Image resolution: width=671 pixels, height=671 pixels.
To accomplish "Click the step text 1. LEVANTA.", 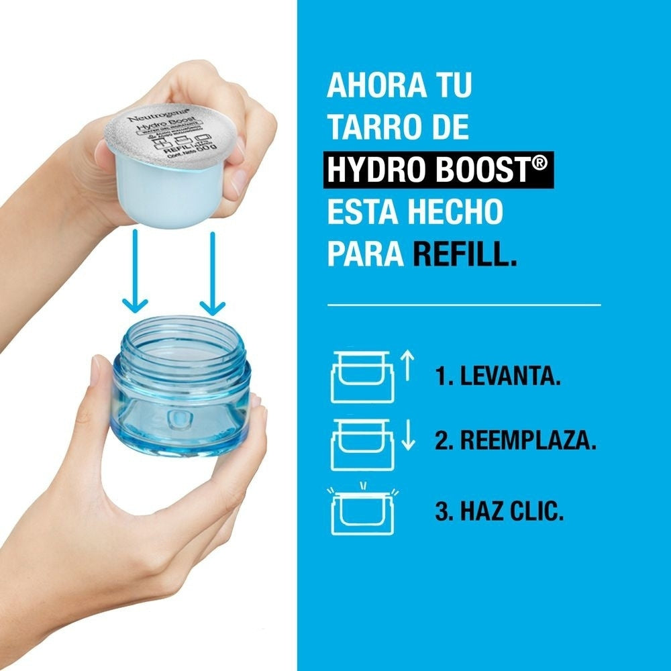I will coord(497,377).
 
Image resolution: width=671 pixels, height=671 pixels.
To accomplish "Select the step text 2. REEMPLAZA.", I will coord(515,443).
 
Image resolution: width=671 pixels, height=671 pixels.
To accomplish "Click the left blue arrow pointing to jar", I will coord(136,271).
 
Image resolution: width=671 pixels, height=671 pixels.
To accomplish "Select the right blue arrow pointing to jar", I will coord(212,272).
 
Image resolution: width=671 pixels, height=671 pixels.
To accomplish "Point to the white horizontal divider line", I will coord(463,305).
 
